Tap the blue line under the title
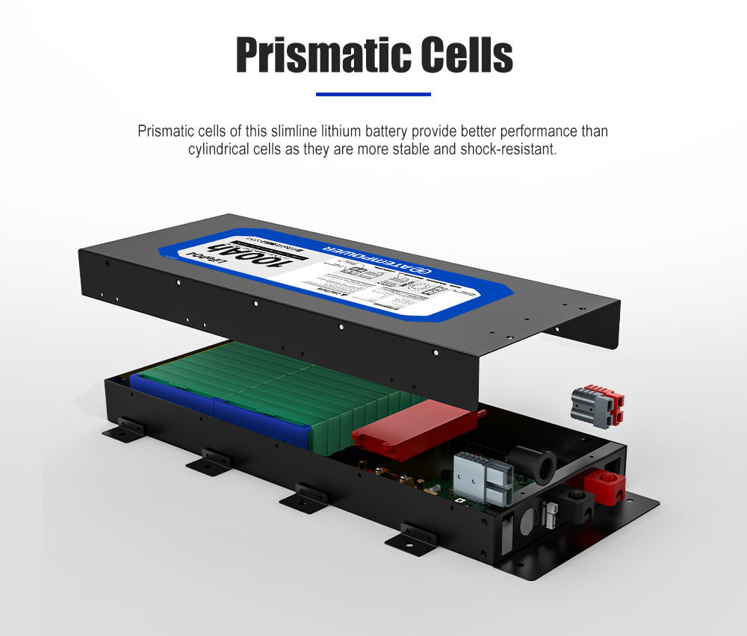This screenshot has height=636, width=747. click(373, 94)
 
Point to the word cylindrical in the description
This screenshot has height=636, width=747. click(221, 149)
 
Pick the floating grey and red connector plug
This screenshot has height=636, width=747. click(597, 406)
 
